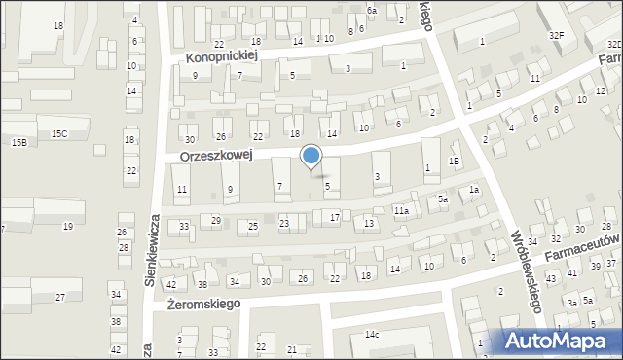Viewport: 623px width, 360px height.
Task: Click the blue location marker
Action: pyautogui.click(x=311, y=156)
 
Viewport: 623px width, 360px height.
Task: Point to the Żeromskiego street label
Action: pyautogui.click(x=202, y=304)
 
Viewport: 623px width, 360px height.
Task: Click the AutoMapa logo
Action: pyautogui.click(x=560, y=341)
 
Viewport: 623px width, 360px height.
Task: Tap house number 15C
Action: pyautogui.click(x=59, y=133)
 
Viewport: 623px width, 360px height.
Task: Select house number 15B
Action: pyautogui.click(x=18, y=143)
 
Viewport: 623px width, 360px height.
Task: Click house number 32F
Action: pyautogui.click(x=556, y=35)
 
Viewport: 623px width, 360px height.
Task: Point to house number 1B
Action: pyautogui.click(x=453, y=161)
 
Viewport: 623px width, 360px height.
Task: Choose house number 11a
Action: pyautogui.click(x=400, y=210)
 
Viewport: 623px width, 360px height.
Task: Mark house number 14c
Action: pyautogui.click(x=372, y=335)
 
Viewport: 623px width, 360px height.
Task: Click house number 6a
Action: pyautogui.click(x=371, y=10)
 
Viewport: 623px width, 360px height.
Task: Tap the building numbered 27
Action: pyautogui.click(x=60, y=296)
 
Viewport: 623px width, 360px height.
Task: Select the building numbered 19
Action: pyautogui.click(x=67, y=226)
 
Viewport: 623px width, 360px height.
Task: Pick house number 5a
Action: pyautogui.click(x=442, y=199)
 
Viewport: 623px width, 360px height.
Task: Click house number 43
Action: pyautogui.click(x=550, y=279)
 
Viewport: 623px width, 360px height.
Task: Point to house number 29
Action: pyautogui.click(x=216, y=221)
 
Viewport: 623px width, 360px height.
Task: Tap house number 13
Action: pyautogui.click(x=368, y=224)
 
